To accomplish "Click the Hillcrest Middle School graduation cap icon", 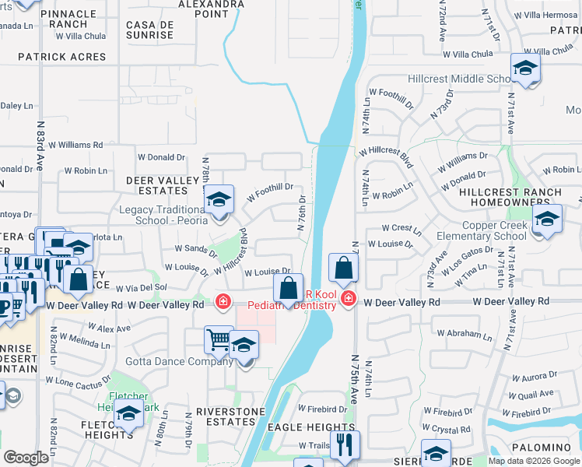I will [525, 68].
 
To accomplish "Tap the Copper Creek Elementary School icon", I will [547, 219].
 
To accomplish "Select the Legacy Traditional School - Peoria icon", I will [219, 199].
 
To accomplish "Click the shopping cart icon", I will [219, 339].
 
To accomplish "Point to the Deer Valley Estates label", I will [163, 185].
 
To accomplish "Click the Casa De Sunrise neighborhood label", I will [150, 30].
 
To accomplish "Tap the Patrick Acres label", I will [61, 57].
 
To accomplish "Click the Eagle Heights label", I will [311, 427].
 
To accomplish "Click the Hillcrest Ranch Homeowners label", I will [521, 198].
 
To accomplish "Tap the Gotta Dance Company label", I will [169, 362].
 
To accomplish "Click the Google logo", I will [26, 458].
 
